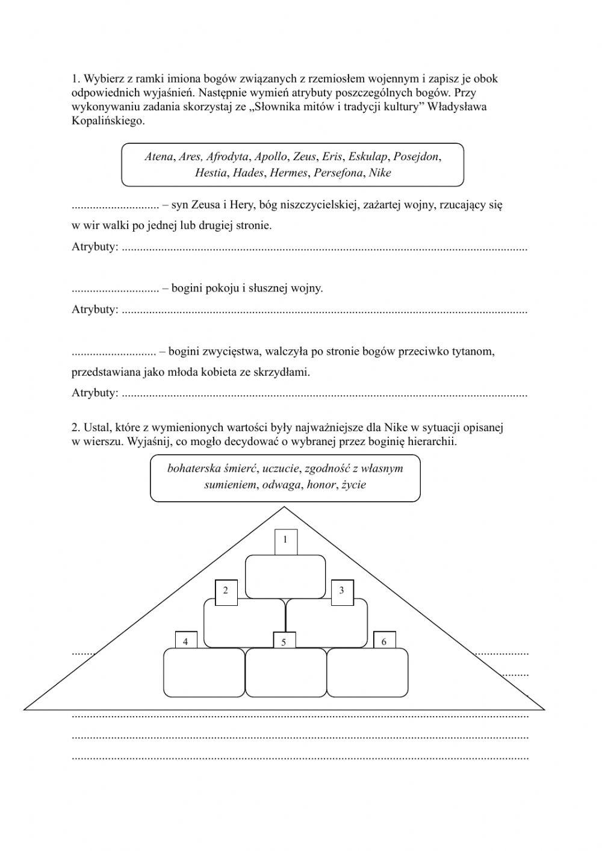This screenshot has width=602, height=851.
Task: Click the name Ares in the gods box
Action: coord(190,157)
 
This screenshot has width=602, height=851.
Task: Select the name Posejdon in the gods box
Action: coord(417,157)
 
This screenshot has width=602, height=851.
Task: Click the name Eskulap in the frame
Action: coord(368,157)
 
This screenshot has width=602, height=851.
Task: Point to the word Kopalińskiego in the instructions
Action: coord(108,120)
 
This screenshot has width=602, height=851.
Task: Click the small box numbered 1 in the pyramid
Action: coord(285,541)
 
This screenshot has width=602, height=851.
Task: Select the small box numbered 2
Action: coord(226,591)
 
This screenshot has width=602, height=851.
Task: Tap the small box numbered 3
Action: coord(342,591)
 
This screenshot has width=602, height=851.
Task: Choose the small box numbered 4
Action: coord(186,641)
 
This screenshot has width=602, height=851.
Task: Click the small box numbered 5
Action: coord(284,641)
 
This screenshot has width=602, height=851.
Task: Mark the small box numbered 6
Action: coord(384,641)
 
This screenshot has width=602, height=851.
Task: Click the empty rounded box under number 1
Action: coord(285,576)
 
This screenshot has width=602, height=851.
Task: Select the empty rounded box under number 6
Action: coord(367,673)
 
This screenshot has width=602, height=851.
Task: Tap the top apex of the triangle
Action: coord(284,507)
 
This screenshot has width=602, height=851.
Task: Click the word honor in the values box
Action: coord(321,484)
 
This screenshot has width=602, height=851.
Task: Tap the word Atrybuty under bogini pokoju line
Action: coord(95,310)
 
